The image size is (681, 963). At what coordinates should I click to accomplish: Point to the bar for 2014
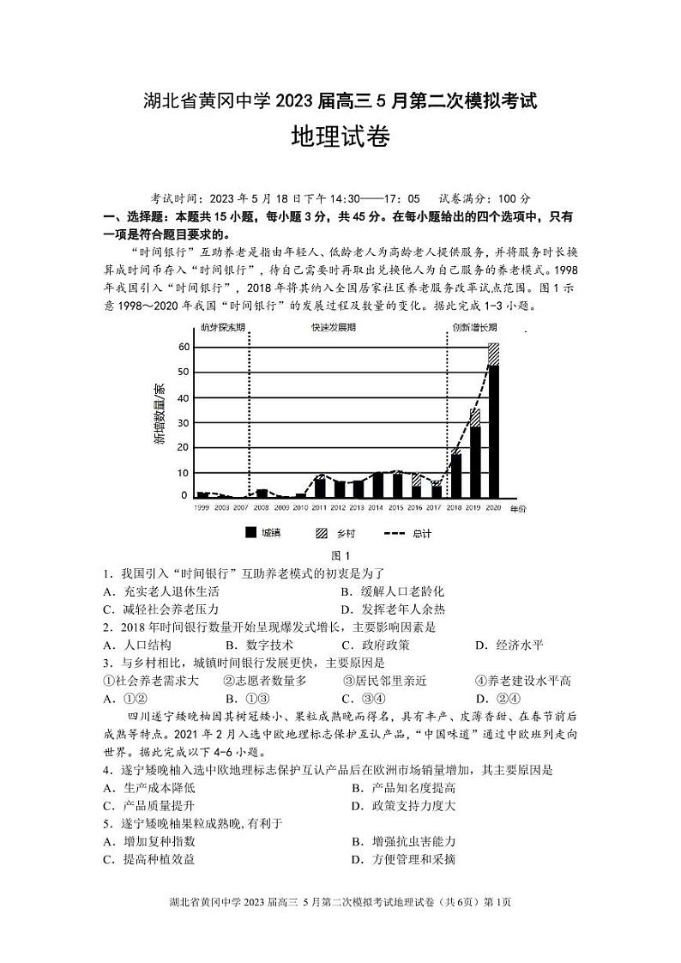(377, 485)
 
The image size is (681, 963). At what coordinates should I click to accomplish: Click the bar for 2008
(262, 494)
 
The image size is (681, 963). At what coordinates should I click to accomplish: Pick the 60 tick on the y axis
(183, 347)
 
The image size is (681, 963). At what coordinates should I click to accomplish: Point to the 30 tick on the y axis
(183, 422)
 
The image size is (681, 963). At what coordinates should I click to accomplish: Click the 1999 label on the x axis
(202, 509)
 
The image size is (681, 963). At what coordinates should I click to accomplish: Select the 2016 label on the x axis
(417, 509)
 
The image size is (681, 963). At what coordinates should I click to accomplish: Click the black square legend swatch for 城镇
(251, 533)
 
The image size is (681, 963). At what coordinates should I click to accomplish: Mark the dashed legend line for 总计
(393, 533)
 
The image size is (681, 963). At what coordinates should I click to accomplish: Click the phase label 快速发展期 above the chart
(334, 328)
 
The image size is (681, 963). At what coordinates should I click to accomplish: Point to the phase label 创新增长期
(474, 328)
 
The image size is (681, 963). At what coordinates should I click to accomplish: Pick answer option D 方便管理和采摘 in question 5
(403, 859)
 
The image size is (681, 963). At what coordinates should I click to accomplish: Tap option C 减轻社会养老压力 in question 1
(160, 609)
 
